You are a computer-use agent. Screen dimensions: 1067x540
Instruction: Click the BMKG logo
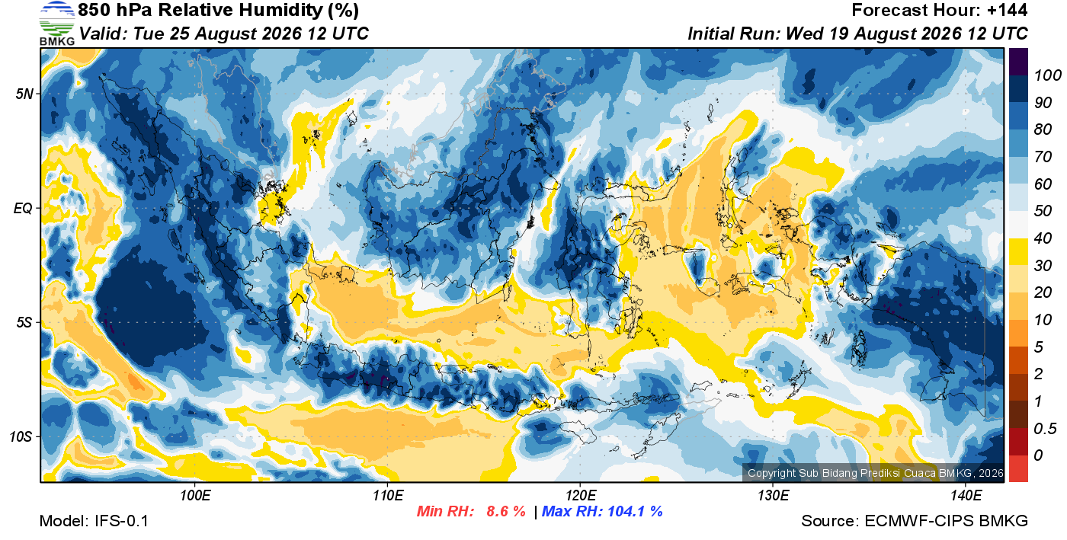pos(57,24)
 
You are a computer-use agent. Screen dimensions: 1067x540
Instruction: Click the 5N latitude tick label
pos(24,94)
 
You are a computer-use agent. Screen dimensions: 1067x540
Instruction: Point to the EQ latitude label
pos(23,208)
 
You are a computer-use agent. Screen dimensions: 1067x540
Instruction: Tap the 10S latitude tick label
pos(21,436)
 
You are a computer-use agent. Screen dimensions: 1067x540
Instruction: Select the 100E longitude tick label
pos(195,496)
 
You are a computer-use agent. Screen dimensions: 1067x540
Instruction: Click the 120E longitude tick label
pos(581,496)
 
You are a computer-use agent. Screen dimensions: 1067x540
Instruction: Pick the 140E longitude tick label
pos(966,496)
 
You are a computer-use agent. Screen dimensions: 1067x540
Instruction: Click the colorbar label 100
pos(1047,75)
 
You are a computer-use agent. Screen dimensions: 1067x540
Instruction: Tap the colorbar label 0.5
pos(1045,429)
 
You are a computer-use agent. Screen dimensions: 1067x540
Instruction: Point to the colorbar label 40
pos(1043,238)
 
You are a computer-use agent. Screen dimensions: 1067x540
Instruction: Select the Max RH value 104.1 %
pos(633,511)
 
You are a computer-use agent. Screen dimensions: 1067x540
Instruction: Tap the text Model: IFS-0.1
pos(94,521)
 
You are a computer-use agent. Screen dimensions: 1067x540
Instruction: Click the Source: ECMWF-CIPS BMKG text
pos(915,521)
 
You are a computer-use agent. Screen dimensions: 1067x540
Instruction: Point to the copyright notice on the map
pos(876,473)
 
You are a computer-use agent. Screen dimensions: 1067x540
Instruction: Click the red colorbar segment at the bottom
pos(1018,468)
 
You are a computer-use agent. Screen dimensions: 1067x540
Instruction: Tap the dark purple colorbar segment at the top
pos(1018,62)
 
